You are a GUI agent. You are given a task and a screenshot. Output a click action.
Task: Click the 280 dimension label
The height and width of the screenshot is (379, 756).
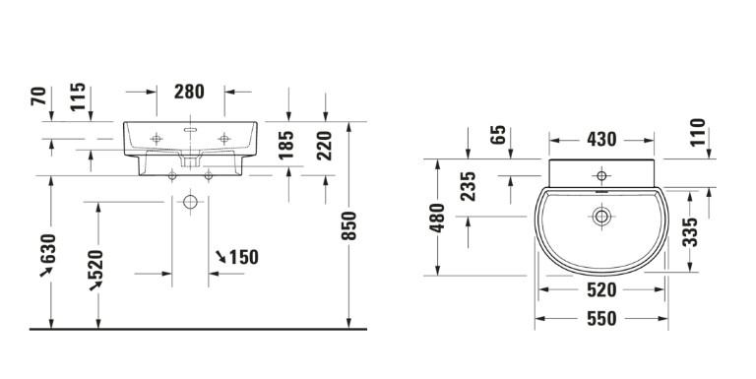(189, 92)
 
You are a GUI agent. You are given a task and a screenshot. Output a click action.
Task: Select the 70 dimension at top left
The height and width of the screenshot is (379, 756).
(39, 95)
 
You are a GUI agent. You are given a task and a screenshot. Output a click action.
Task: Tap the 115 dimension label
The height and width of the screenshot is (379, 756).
(78, 97)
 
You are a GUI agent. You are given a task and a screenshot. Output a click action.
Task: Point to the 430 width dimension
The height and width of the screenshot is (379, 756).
(601, 140)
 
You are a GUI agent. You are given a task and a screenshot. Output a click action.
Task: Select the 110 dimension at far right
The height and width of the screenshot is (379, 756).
(698, 133)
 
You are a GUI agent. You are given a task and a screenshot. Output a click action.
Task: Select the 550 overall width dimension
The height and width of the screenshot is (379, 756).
(600, 319)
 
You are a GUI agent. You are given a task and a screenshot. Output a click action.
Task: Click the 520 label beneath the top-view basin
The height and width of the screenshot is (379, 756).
(600, 289)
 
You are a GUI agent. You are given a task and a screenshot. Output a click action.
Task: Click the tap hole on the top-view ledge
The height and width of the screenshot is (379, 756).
(600, 176)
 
